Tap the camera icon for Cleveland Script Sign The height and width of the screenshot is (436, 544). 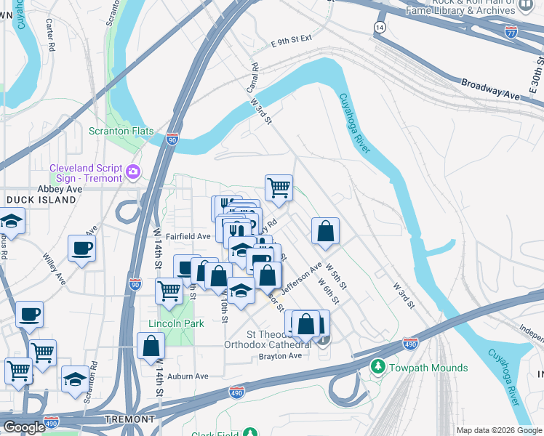[x=133, y=172]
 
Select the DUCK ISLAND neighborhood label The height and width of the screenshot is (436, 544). [x=41, y=199]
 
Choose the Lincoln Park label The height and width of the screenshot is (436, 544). [x=175, y=323]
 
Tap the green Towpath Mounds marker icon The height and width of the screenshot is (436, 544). [x=377, y=366]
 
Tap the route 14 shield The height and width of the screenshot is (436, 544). [x=380, y=27]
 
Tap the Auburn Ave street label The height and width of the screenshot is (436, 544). [x=188, y=376]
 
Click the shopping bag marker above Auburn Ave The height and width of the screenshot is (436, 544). [x=151, y=347]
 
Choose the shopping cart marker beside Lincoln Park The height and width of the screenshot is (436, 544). [x=169, y=291]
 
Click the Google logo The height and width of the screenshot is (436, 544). [x=24, y=427]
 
